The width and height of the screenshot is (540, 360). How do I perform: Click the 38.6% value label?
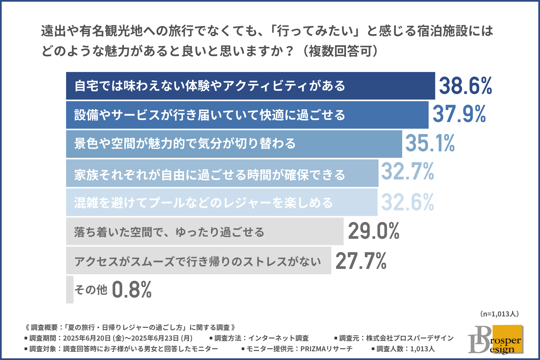tap(465, 86)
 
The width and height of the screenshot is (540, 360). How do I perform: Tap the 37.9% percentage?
tap(459, 114)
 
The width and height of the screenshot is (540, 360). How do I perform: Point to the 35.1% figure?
tap(430, 143)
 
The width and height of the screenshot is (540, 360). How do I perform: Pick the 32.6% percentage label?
tap(407, 202)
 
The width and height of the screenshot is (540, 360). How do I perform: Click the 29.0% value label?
tap(373, 231)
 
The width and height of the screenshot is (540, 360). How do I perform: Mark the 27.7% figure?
tap(361, 261)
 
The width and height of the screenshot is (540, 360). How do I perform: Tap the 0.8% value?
tap(132, 290)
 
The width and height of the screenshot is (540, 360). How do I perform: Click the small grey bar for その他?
tap(70, 290)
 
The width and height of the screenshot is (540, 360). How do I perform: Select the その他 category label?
tap(91, 290)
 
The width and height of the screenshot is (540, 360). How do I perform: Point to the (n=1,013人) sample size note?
tap(499, 314)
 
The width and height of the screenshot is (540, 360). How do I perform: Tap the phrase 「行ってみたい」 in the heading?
tap(315, 31)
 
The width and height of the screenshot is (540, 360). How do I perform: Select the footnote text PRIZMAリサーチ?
tap(326, 349)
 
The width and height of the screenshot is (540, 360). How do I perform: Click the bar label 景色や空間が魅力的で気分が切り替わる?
tap(185, 143)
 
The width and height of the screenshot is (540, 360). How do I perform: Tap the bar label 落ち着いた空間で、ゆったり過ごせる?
tap(169, 232)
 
